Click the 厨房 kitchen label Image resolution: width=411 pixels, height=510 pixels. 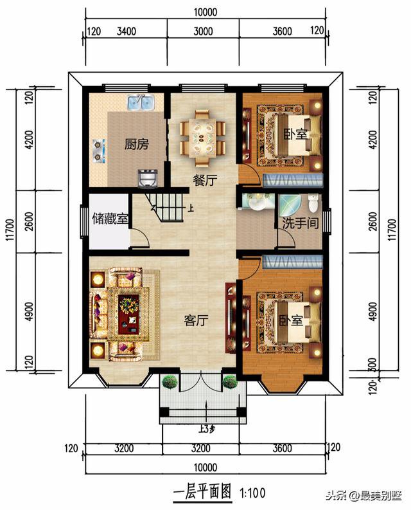coord(136,144)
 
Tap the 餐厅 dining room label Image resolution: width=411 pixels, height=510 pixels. coord(204,181)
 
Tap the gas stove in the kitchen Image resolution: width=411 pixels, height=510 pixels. coord(98,149)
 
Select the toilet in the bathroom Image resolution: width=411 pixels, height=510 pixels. coord(313,203)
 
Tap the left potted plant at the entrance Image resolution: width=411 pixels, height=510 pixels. coord(170,381)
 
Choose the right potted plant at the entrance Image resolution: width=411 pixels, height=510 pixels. coord(230,381)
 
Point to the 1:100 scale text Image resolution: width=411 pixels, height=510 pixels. coord(252,493)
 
